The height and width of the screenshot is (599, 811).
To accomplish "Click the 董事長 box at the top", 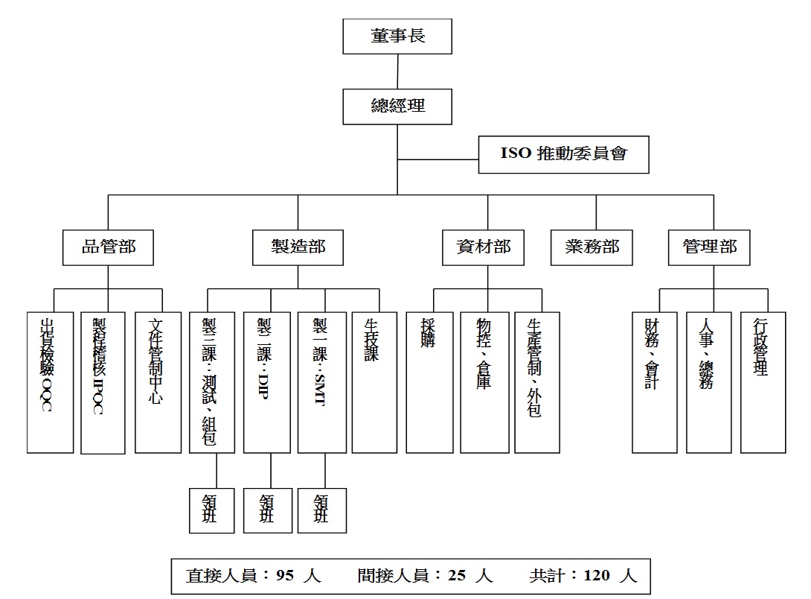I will pyautogui.click(x=398, y=36).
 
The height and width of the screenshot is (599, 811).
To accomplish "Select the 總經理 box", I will pyautogui.click(x=398, y=106).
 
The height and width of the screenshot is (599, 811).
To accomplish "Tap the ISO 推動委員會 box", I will pyautogui.click(x=563, y=154).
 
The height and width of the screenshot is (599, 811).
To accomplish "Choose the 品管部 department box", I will pyautogui.click(x=109, y=247).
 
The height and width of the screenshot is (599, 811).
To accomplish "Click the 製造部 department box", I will pyautogui.click(x=298, y=247).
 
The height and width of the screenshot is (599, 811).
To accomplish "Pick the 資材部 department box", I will pyautogui.click(x=488, y=247).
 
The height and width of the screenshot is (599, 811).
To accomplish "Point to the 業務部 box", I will pyautogui.click(x=592, y=247).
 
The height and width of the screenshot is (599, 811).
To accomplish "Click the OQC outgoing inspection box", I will pyautogui.click(x=51, y=381).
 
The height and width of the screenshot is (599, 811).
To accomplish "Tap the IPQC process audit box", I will pyautogui.click(x=103, y=381).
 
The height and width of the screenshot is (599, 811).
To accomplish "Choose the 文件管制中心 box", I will pyautogui.click(x=158, y=381).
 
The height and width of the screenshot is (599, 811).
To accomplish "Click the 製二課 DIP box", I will pyautogui.click(x=266, y=381).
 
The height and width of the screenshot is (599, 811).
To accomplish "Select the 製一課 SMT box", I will pyautogui.click(x=321, y=381).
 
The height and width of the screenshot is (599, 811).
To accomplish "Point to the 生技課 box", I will pyautogui.click(x=374, y=381).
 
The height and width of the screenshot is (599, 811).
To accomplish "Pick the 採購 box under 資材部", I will pyautogui.click(x=429, y=381).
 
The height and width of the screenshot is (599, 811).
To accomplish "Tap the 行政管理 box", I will pyautogui.click(x=763, y=381).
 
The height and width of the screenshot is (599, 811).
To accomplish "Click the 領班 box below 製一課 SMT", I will pyautogui.click(x=321, y=510).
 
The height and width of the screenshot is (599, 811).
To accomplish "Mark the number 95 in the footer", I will pyautogui.click(x=286, y=576).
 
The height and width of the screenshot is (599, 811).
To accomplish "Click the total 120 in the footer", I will pyautogui.click(x=597, y=576).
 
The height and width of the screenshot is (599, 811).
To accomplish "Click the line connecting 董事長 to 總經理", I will pyautogui.click(x=398, y=72).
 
